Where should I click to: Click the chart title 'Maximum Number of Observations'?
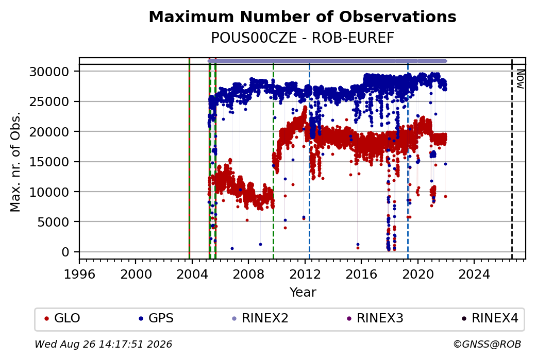[x=303, y=16]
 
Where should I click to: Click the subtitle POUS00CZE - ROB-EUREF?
[x=303, y=38]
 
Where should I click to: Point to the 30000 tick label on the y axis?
[x=49, y=72]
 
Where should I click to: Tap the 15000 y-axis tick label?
[x=49, y=162]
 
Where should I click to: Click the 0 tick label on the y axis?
[x=65, y=252]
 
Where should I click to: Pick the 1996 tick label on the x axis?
[x=79, y=275]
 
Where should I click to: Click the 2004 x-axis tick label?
[x=192, y=275]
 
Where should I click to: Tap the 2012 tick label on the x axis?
[x=305, y=275]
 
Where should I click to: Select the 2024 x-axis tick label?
[x=474, y=275]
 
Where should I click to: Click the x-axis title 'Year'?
[x=303, y=293]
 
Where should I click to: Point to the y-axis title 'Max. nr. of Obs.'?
[x=15, y=162]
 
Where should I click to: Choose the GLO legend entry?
[x=62, y=318]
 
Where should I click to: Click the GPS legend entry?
[x=156, y=318]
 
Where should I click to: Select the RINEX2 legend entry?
[x=260, y=318]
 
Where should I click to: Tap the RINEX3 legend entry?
[x=375, y=318]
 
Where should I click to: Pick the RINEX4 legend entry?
[x=490, y=318]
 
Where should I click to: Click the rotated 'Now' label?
[x=520, y=79]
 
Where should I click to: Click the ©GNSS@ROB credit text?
[x=487, y=344]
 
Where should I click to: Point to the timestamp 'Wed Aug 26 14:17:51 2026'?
[x=103, y=344]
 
